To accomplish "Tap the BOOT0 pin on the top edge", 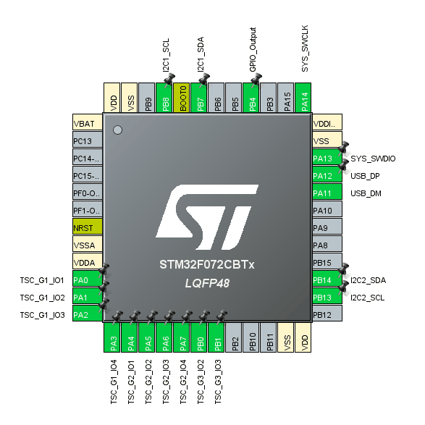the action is [181, 98].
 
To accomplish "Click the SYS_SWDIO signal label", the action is [373, 159].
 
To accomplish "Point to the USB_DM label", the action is [366, 193].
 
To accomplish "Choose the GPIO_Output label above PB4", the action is [253, 50].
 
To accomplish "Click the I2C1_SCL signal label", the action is [166, 55].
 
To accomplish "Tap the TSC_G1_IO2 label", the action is [42, 298].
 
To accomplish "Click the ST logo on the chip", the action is [207, 217].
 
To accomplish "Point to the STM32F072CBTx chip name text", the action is [207, 264].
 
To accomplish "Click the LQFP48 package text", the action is [207, 284].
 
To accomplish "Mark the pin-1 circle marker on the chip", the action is [117, 130].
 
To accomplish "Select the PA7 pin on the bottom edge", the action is [181, 337].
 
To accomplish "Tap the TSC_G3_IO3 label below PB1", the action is [218, 382].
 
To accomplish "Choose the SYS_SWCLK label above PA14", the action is [305, 49].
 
